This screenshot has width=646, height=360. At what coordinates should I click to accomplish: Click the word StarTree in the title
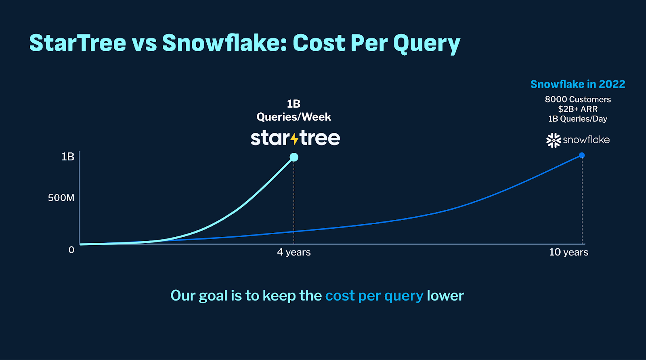78,43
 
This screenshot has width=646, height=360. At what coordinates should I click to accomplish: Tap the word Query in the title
427,44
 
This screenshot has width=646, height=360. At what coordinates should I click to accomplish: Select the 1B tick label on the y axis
67,157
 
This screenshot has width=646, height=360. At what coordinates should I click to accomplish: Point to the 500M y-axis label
61,198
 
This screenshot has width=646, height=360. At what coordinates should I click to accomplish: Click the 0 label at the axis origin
71,250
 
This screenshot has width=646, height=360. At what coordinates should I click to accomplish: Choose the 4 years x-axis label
294,252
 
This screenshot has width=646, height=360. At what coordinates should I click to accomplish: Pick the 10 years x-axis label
568,252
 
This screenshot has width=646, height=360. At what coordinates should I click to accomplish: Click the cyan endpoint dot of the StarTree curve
294,157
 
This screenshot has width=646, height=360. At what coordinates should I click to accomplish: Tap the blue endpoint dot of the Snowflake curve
582,155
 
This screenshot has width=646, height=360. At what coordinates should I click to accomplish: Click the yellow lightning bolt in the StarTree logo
294,139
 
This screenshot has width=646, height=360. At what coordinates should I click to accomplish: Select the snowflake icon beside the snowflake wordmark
554,140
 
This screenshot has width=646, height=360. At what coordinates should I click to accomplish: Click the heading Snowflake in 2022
577,84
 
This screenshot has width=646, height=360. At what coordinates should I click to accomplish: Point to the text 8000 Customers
577,99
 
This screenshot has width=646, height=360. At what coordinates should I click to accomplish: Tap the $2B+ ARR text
577,109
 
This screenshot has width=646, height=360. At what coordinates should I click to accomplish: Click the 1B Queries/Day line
577,119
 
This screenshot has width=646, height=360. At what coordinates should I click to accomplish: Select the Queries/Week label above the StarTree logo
294,117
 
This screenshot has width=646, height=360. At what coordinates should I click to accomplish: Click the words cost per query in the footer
374,296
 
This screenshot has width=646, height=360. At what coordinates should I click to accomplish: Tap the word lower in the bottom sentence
445,296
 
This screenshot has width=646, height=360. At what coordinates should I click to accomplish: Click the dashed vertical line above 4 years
294,202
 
